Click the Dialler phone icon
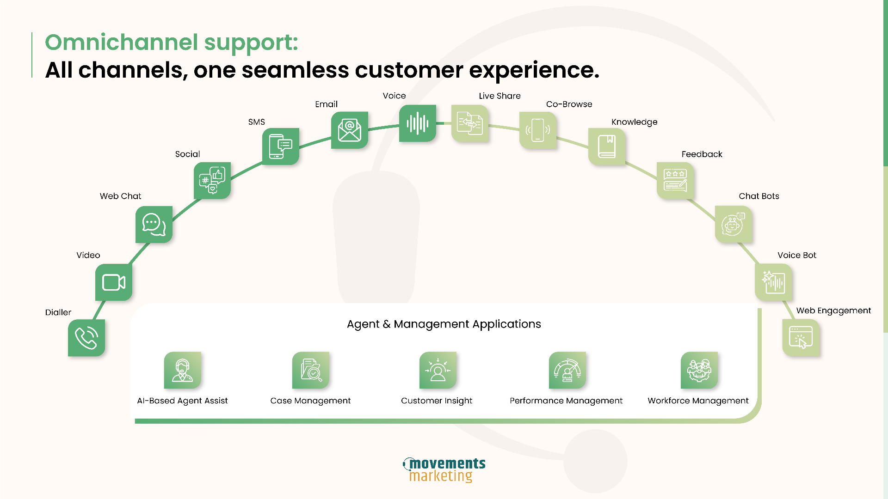click(86, 338)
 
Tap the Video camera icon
click(114, 282)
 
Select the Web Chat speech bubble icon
click(154, 225)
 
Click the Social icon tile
click(212, 181)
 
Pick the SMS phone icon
click(281, 146)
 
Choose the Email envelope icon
click(350, 130)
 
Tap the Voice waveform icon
click(418, 123)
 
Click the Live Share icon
click(470, 123)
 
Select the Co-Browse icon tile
click(538, 130)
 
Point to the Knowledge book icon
click(607, 146)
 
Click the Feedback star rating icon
click(675, 181)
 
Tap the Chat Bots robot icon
click(734, 225)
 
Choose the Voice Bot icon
click(773, 282)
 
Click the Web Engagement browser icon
click(801, 338)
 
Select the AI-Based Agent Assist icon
click(183, 370)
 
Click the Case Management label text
click(310, 401)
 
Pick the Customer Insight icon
click(438, 370)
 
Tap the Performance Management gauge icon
click(567, 370)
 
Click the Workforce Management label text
click(698, 401)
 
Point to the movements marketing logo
click(444, 470)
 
